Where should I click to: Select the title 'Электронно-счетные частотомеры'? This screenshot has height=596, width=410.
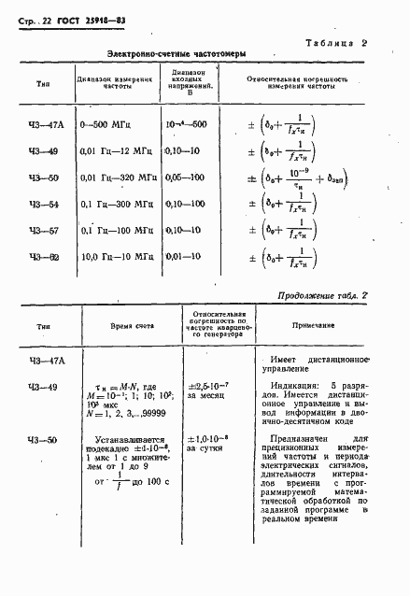coord(177,55)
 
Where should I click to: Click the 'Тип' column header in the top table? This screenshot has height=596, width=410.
coord(44,83)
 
